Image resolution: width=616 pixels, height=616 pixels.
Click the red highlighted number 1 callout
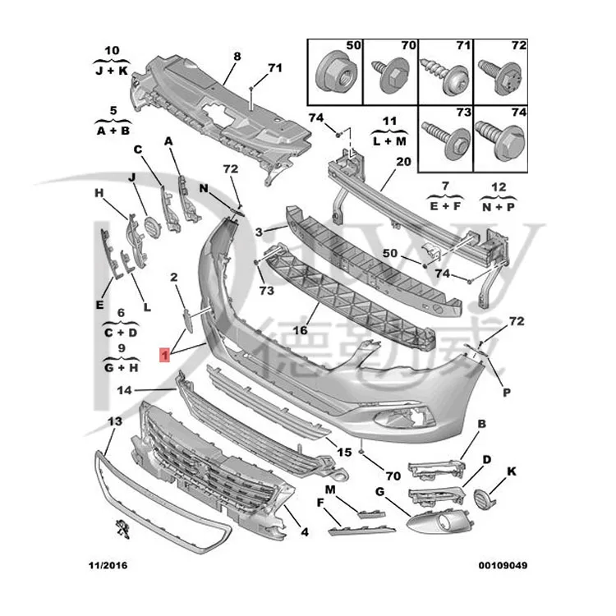tap(165, 355)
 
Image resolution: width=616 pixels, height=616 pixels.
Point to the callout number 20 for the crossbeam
tap(403, 162)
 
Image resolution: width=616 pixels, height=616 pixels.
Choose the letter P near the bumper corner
tap(507, 392)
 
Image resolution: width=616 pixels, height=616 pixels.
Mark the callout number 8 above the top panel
tap(237, 57)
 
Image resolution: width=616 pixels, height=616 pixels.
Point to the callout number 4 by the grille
tap(304, 532)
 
